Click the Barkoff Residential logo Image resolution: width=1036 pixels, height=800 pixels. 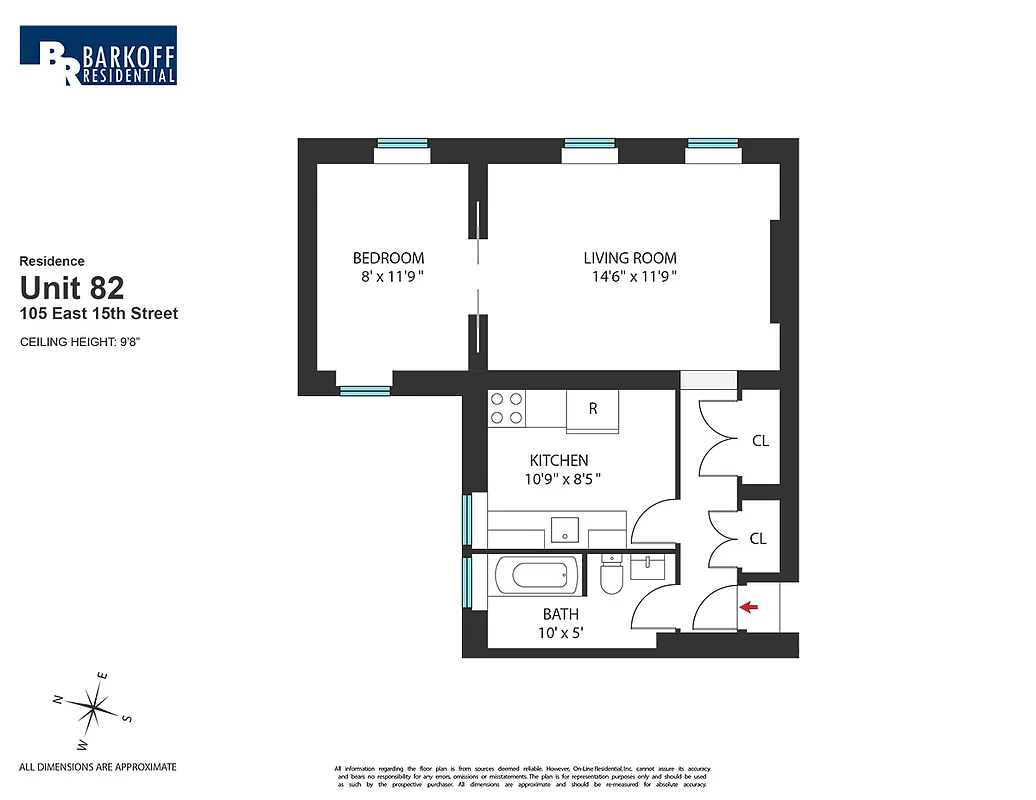[x=98, y=56]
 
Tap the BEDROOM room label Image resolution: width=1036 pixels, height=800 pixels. [x=388, y=258]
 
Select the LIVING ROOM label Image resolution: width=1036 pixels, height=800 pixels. [x=630, y=258]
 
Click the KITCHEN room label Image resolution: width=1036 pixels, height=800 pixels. [x=558, y=461]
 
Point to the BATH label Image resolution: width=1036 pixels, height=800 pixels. [x=560, y=614]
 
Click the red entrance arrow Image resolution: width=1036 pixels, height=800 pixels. [x=747, y=606]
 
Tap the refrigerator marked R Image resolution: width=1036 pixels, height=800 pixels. [x=593, y=409]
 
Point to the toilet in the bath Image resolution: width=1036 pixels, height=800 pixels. [x=612, y=577]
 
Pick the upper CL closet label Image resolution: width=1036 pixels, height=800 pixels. [x=759, y=440]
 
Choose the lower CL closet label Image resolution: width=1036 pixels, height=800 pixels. [x=758, y=538]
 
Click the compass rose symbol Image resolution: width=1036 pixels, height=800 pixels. [x=94, y=710]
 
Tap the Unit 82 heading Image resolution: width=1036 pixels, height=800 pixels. [x=72, y=288]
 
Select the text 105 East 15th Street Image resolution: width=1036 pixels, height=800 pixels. [x=99, y=314]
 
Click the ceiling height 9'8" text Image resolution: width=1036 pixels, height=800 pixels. [x=87, y=342]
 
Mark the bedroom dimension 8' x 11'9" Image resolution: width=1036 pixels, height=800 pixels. [x=388, y=277]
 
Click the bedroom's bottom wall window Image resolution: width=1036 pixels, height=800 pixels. [x=364, y=390]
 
